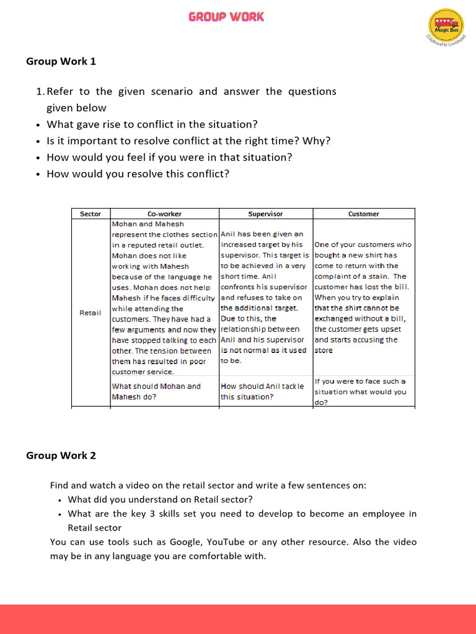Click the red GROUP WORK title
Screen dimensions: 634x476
click(x=226, y=17)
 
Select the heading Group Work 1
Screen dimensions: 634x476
click(x=61, y=61)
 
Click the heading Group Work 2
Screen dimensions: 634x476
click(x=61, y=456)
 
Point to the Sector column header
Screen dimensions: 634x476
click(x=90, y=214)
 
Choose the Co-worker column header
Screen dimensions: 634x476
click(x=164, y=214)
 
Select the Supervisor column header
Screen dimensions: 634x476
click(x=265, y=214)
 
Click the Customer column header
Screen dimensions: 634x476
click(x=363, y=214)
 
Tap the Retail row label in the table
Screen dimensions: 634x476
click(x=90, y=313)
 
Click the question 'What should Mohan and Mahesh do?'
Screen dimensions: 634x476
click(x=156, y=391)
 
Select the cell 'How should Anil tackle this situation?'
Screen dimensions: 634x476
click(x=262, y=391)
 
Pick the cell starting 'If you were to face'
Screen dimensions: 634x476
click(x=360, y=391)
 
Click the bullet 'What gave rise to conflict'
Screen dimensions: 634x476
click(x=152, y=124)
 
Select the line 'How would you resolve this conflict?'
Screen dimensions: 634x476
click(x=138, y=174)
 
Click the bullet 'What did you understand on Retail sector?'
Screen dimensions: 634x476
click(x=160, y=499)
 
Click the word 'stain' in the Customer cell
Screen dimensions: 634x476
click(x=378, y=276)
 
